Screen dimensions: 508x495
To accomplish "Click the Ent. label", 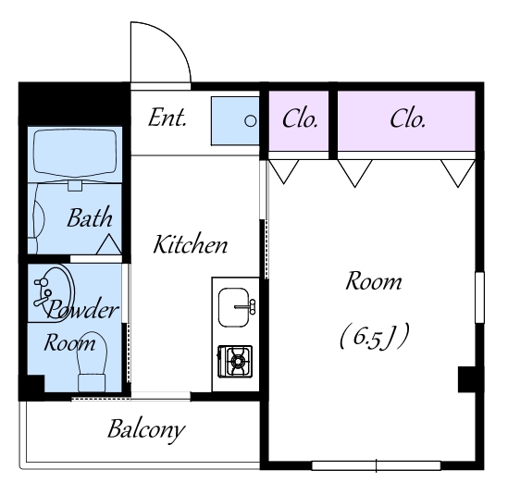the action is coord(167,118).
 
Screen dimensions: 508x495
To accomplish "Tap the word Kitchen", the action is coord(191,243).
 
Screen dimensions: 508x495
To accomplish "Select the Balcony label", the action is coord(146,429).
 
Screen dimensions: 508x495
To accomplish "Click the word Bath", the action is coord(90,217).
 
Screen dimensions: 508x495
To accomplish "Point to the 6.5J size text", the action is coord(375,337).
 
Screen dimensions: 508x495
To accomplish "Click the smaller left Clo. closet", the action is coord(299,121).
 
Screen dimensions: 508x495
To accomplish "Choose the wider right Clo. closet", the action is coord(406,121).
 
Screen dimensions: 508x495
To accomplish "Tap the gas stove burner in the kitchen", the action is coord(236,361).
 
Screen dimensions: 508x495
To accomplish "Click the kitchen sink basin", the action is coord(234,307).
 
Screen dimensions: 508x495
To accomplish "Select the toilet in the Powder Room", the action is coord(92,362).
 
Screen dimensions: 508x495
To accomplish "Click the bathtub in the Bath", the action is coord(75,153).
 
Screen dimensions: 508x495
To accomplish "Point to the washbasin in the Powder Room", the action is coord(54,294).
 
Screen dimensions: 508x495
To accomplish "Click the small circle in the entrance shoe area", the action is coord(250,121).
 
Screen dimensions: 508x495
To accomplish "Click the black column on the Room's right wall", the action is coord(467,379).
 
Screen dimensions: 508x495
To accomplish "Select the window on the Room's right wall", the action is coord(479,297).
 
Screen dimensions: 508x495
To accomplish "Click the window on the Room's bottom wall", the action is coord(376,465).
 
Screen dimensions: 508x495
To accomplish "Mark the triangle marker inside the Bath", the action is coord(109,244).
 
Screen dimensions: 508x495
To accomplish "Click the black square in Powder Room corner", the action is coord(31,388).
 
